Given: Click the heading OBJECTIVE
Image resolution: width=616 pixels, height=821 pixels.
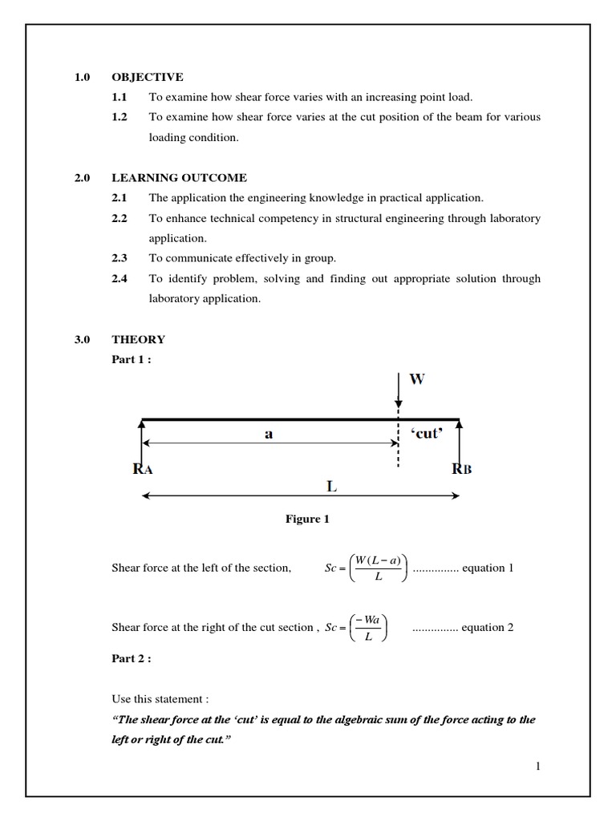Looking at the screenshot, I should (147, 77).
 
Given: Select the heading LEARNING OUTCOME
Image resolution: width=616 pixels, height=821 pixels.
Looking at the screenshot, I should (179, 178).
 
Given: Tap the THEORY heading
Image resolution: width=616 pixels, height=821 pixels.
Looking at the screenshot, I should (138, 340).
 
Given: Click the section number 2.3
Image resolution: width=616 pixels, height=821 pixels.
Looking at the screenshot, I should (120, 258).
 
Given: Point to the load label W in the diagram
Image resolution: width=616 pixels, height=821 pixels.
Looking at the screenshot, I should (417, 379).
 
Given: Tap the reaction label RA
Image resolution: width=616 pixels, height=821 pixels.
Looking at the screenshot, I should (142, 469).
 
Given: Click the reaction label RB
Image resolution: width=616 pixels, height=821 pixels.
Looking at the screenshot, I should (462, 469).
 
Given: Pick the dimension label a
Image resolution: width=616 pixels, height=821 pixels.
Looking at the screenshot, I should (269, 434).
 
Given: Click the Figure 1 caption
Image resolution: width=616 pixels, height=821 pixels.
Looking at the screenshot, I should (307, 520).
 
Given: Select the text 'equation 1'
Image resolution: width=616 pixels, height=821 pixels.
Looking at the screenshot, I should (488, 568).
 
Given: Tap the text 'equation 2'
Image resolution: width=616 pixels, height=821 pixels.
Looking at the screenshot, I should (488, 628).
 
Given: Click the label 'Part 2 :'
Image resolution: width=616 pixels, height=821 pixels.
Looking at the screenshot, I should (132, 658).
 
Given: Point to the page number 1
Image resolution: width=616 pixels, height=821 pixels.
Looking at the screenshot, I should (538, 766).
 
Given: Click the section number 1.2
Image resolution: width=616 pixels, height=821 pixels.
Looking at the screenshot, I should (120, 117).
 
